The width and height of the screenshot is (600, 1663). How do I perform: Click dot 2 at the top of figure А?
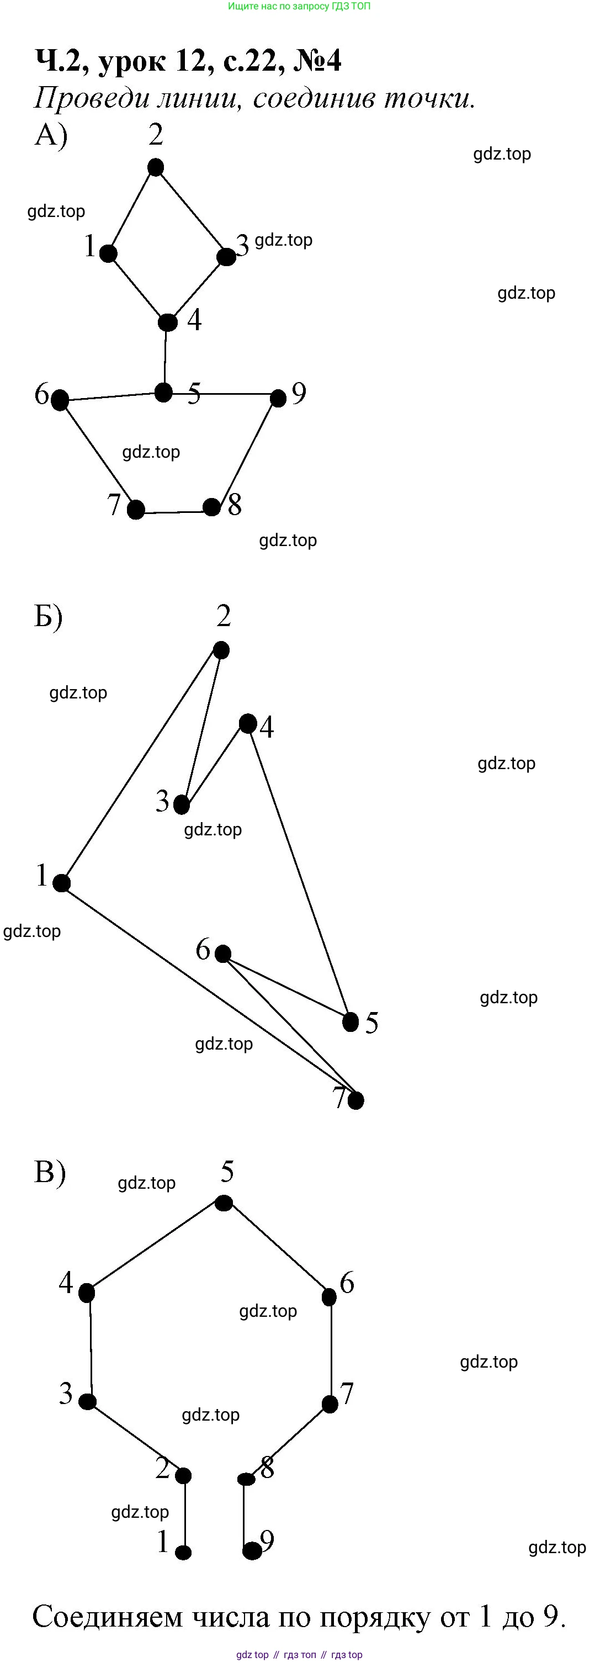click(x=156, y=168)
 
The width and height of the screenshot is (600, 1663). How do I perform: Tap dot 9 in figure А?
click(x=278, y=398)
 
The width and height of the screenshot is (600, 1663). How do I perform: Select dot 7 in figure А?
click(x=135, y=510)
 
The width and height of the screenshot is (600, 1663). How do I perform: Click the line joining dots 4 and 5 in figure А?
click(x=165, y=357)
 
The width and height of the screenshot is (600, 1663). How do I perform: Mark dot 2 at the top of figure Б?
click(x=221, y=650)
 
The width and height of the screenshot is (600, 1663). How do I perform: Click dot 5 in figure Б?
click(x=351, y=1022)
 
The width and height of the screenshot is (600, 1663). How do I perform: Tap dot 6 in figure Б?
click(x=222, y=954)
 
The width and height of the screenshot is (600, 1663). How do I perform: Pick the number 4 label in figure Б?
click(x=267, y=727)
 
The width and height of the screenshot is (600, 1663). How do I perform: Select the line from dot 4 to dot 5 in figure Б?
click(x=299, y=871)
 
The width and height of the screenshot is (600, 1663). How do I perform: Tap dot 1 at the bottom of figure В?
click(x=183, y=1553)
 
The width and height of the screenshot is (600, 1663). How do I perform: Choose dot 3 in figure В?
click(x=87, y=1401)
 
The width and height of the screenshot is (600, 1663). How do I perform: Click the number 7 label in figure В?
click(x=347, y=1394)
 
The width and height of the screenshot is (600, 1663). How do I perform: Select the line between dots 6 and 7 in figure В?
click(x=331, y=1349)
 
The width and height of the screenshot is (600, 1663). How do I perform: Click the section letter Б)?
click(x=49, y=617)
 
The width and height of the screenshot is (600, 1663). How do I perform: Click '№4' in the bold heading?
click(x=317, y=61)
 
